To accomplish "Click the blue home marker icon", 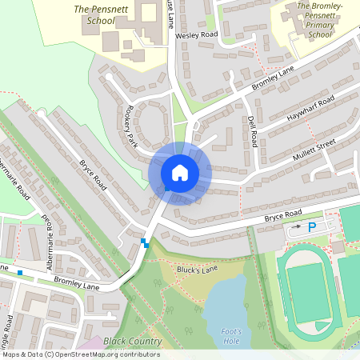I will click(x=180, y=172).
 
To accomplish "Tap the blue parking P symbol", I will click(x=312, y=227).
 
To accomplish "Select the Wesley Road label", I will click(x=198, y=35).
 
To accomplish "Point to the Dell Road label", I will click(x=253, y=130).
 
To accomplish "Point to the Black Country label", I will click(x=133, y=342).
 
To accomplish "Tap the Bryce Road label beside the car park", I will click(x=284, y=214).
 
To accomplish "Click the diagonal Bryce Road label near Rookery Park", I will click(x=93, y=174).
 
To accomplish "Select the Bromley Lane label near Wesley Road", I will click(x=273, y=78).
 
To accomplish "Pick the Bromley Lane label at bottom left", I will click(x=76, y=281).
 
